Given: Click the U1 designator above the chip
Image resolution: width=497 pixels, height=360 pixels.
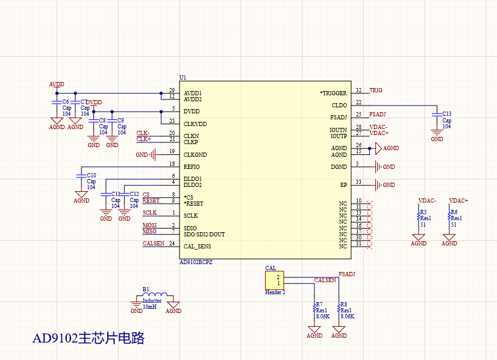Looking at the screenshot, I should [183, 78].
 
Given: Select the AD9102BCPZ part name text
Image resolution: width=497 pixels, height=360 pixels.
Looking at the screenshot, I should [196, 263].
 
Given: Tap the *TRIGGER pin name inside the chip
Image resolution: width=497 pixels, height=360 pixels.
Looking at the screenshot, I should [333, 93].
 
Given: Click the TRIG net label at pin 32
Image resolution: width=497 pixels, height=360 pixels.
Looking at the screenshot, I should [375, 90].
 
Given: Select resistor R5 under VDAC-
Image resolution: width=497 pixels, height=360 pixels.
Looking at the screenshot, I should [419, 215].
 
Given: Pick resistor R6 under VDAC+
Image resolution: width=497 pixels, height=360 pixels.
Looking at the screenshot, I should [449, 215].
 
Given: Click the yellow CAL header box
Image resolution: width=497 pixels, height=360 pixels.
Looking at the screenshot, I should [275, 280].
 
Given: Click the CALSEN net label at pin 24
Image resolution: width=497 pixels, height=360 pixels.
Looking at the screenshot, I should [152, 244].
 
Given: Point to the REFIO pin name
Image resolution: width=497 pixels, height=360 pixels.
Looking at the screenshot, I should [192, 167].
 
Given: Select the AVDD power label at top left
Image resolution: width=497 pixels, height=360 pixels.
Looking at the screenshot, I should [56, 84].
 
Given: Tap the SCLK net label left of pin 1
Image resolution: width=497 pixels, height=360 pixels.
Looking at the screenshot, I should [149, 213].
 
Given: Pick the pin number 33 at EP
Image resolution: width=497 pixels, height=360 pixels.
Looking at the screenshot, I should [358, 182].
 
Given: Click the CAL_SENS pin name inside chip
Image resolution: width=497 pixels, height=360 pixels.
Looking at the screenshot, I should [197, 247].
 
